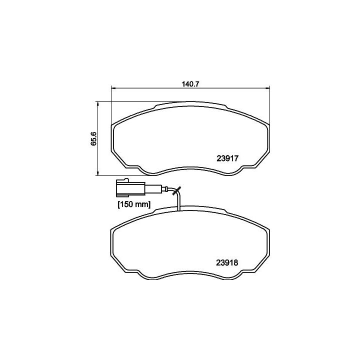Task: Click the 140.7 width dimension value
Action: pyautogui.click(x=190, y=84)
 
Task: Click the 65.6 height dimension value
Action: pyautogui.click(x=93, y=138)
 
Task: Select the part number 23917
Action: pyautogui.click(x=227, y=158)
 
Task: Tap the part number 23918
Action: pyautogui.click(x=227, y=262)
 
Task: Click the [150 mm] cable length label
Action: pyautogui.click(x=134, y=204)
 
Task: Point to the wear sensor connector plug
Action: pyautogui.click(x=130, y=188)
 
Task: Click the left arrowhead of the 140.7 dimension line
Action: pyautogui.click(x=113, y=88)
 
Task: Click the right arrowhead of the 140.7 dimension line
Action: pyautogui.click(x=267, y=88)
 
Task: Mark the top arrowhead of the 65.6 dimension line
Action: pyautogui.click(x=98, y=104)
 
